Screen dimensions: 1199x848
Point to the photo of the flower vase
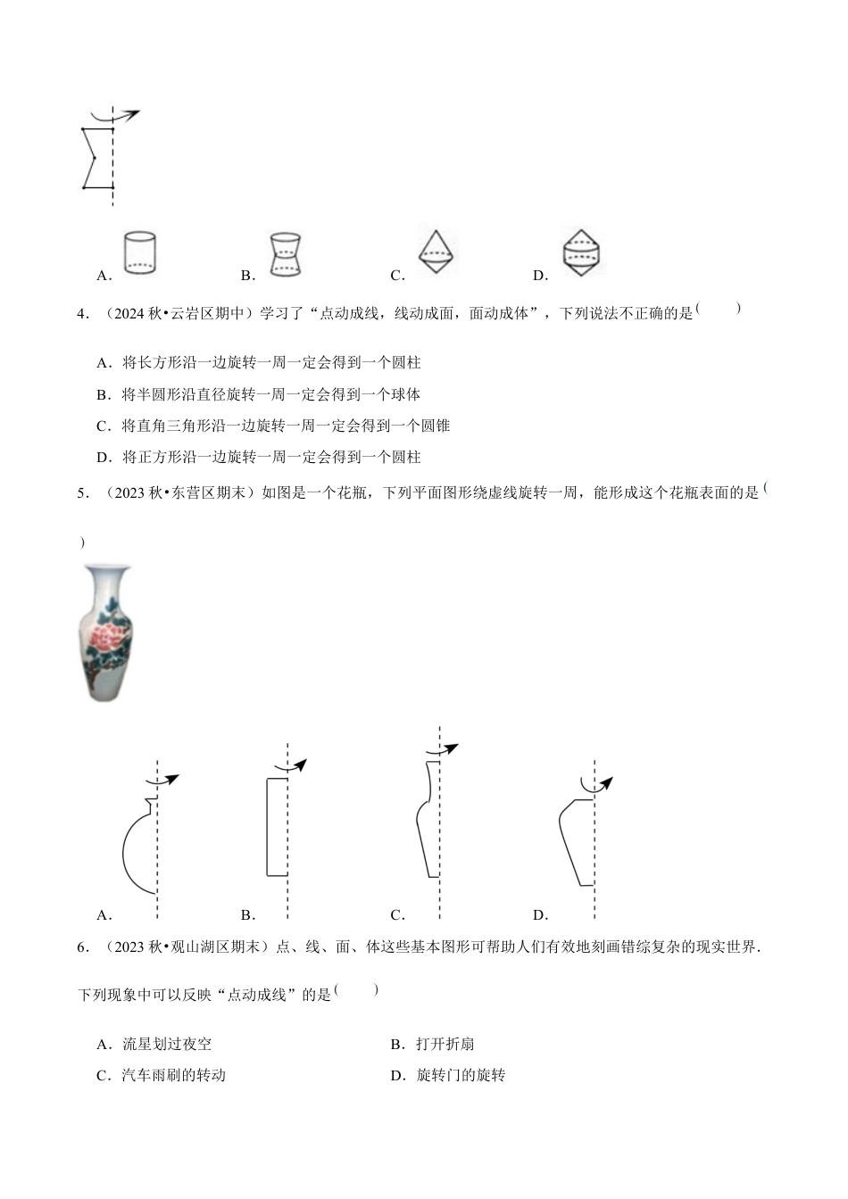coord(105,631)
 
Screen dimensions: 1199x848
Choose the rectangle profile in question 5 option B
coord(277,826)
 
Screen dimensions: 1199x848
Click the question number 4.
coord(83,314)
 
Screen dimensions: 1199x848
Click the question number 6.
coord(83,947)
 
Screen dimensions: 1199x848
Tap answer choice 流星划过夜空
coord(167,1044)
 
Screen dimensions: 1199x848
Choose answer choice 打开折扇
coord(445,1044)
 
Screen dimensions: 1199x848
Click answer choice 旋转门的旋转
coord(461,1076)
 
